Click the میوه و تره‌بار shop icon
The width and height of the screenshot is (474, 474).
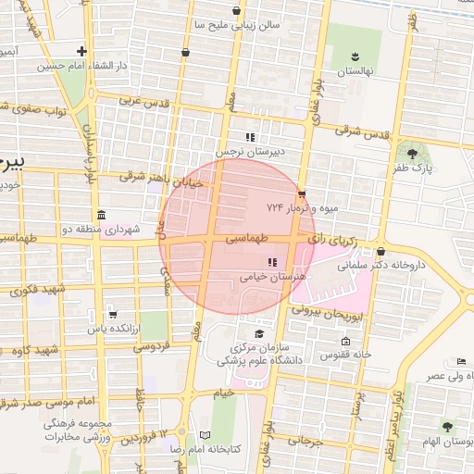(x=302, y=193)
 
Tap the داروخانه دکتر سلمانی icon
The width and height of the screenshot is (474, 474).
(x=380, y=251)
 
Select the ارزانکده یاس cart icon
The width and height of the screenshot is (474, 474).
(x=113, y=314)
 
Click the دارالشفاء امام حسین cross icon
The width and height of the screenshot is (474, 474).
(x=82, y=52)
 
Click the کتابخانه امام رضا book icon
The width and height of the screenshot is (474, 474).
(x=206, y=435)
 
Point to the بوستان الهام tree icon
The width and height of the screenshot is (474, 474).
(x=448, y=426)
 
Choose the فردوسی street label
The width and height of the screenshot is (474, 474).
(x=153, y=347)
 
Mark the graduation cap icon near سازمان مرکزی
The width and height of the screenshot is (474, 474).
(x=259, y=333)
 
